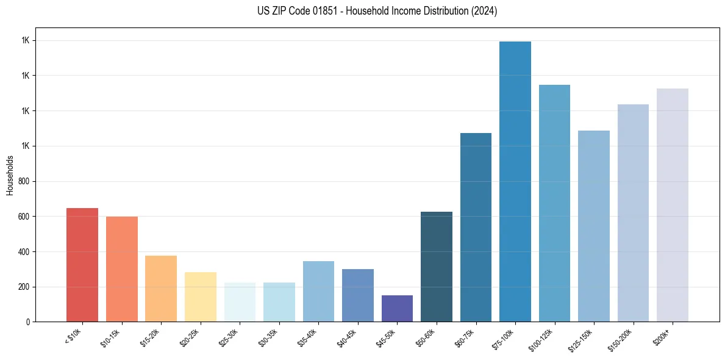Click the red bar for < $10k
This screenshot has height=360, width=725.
pyautogui.click(x=82, y=265)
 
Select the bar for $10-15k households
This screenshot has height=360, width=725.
pyautogui.click(x=122, y=269)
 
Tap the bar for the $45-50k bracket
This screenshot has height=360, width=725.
pyautogui.click(x=397, y=308)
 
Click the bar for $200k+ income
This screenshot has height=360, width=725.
pyautogui.click(x=673, y=205)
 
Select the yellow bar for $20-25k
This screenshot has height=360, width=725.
pyautogui.click(x=201, y=297)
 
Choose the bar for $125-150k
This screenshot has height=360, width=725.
pyautogui.click(x=594, y=226)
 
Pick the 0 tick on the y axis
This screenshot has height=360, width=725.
pyautogui.click(x=28, y=322)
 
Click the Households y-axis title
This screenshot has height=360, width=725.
pyautogui.click(x=10, y=175)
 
